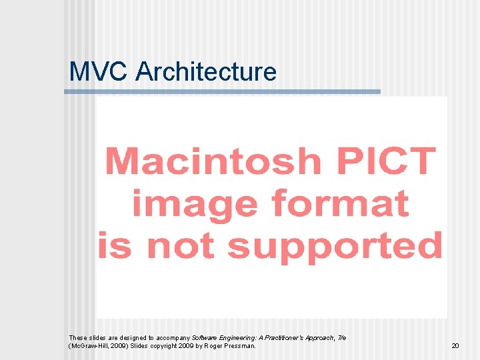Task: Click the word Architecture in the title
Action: tap(205, 71)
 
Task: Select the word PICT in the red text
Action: tap(383, 162)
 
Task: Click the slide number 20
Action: tap(455, 346)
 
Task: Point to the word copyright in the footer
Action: tap(161, 346)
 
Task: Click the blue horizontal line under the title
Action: tap(222, 92)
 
